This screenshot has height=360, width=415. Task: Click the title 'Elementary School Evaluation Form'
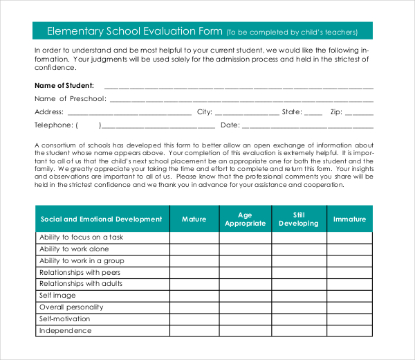click(x=134, y=31)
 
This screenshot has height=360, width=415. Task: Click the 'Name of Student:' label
click(x=64, y=86)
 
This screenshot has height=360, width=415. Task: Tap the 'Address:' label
click(x=49, y=111)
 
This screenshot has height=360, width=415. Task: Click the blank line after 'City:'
click(x=247, y=112)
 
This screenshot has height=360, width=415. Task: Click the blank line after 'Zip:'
click(x=360, y=112)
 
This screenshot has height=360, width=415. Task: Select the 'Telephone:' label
click(x=53, y=125)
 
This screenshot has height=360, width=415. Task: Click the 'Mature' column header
click(x=194, y=219)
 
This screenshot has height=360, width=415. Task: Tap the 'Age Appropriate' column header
click(x=246, y=219)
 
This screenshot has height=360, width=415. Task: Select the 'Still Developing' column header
click(x=299, y=219)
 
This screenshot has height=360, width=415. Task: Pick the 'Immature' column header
click(x=349, y=219)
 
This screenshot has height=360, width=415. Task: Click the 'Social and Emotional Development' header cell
click(x=102, y=219)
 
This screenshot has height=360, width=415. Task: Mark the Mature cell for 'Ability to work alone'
click(x=194, y=249)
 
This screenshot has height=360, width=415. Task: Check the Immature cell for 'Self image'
click(x=349, y=296)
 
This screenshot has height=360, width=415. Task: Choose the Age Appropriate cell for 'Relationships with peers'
click(x=246, y=273)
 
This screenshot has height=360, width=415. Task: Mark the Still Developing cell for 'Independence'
click(x=299, y=331)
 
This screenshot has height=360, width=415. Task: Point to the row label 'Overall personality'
click(x=71, y=307)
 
